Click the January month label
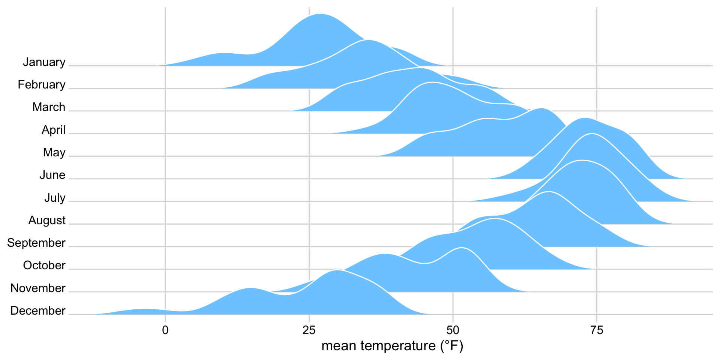tap(44, 62)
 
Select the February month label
tap(42, 85)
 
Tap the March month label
tap(49, 107)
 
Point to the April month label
tap(54, 130)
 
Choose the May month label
tap(54, 153)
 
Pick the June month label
tap(52, 175)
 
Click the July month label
tap(55, 198)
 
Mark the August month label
tap(47, 220)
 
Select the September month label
tap(36, 243)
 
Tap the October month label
tap(44, 265)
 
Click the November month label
tap(38, 288)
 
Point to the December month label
tap(38, 311)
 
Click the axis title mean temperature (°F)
tap(392, 346)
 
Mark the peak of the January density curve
tap(320, 14)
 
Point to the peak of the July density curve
tap(592, 134)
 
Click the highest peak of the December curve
tap(338, 270)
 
